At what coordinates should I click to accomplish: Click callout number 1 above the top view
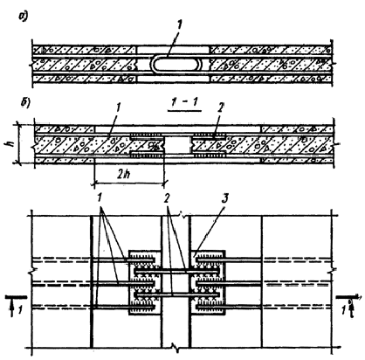pyautogui.click(x=179, y=25)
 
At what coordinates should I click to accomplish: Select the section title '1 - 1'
pyautogui.click(x=184, y=101)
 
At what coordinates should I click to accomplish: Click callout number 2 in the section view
pyautogui.click(x=220, y=107)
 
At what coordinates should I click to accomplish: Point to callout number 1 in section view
pyautogui.click(x=118, y=108)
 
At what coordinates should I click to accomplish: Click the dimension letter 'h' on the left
pyautogui.click(x=12, y=143)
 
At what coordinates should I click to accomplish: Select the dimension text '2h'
pyautogui.click(x=124, y=175)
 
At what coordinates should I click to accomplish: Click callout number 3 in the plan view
pyautogui.click(x=224, y=199)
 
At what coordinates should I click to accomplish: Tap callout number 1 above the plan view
pyautogui.click(x=100, y=199)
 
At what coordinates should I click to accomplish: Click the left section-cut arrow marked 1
pyautogui.click(x=16, y=305)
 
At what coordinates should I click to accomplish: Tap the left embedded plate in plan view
pyautogui.click(x=145, y=282)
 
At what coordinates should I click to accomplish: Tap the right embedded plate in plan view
pyautogui.click(x=208, y=282)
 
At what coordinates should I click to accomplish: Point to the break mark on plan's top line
pyautogui.click(x=183, y=216)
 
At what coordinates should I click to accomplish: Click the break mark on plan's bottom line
pyautogui.click(x=176, y=348)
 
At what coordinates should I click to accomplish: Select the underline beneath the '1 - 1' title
pyautogui.click(x=185, y=111)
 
